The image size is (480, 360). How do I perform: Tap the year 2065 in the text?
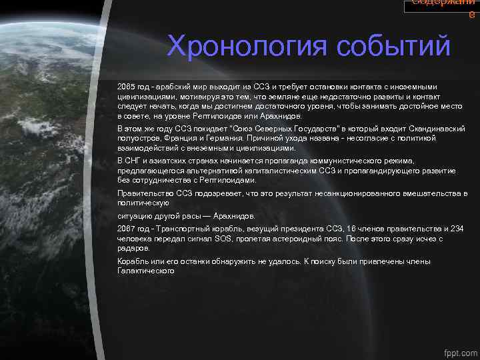125,87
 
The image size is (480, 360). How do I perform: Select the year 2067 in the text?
125,229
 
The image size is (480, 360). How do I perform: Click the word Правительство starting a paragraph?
143,193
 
